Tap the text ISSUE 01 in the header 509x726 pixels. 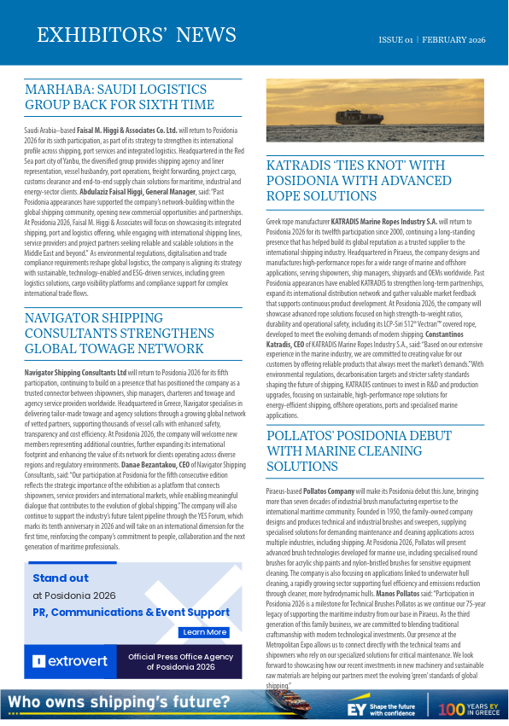point(396,40)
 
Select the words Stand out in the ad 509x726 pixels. point(61,578)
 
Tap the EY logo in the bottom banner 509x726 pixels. point(356,708)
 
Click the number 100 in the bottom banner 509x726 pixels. point(452,708)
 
